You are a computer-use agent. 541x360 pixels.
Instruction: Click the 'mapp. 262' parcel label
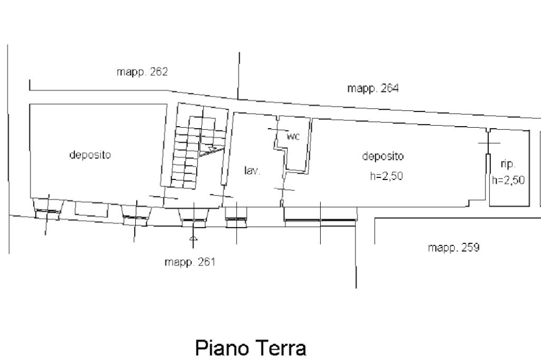tap(142, 72)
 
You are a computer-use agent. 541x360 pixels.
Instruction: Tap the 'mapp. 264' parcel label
tap(372, 88)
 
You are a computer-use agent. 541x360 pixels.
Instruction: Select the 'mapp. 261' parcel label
tap(190, 262)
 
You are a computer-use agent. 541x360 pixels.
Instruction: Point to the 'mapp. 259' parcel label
tap(453, 248)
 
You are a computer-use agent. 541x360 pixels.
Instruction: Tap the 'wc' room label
tap(293, 137)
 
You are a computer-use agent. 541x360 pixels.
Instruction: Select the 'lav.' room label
tap(252, 170)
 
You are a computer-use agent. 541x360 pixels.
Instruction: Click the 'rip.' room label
tap(508, 164)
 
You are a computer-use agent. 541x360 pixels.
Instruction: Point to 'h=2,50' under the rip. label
tap(508, 180)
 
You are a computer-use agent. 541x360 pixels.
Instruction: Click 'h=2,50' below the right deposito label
tap(386, 176)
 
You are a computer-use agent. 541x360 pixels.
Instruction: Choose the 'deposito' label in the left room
tap(90, 155)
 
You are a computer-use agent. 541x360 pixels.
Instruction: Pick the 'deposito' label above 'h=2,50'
tap(383, 156)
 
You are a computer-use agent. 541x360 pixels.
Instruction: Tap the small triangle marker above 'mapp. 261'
tap(193, 238)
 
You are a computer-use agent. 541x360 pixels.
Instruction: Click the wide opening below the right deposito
tap(320, 220)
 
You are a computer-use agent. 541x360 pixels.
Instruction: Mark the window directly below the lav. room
tap(236, 217)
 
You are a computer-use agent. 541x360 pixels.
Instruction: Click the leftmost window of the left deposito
tap(48, 209)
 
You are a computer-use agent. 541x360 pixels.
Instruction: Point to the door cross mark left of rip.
tap(489, 143)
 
